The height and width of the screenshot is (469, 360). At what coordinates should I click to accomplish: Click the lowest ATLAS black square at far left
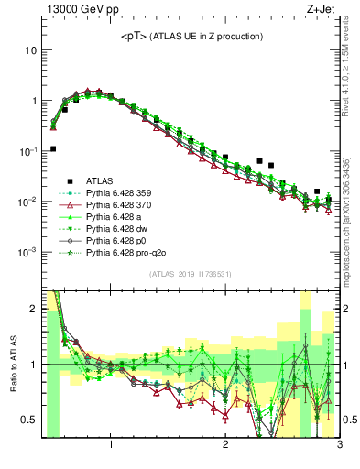pyautogui.click(x=53, y=148)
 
